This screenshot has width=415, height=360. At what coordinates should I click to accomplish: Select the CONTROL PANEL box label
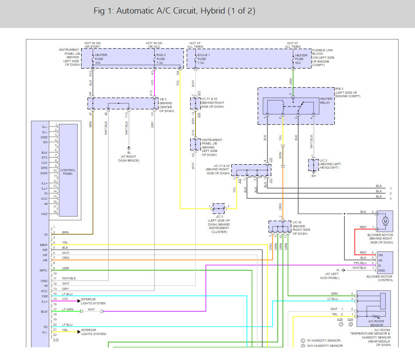[x=68, y=172]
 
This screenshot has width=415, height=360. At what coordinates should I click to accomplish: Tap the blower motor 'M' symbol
[x=386, y=221]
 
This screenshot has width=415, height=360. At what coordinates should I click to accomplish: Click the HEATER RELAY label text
[x=326, y=101]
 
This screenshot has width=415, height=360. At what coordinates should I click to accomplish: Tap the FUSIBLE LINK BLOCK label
[x=323, y=58]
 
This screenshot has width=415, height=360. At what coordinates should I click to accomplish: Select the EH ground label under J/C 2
[x=313, y=176]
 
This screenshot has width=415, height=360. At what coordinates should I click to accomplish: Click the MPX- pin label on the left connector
[x=44, y=270]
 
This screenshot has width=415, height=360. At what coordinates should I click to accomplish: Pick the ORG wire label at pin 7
[x=65, y=258]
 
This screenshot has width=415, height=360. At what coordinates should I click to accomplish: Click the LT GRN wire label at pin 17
[x=67, y=310]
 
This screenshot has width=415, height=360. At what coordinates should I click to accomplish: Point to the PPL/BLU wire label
[x=360, y=263]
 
